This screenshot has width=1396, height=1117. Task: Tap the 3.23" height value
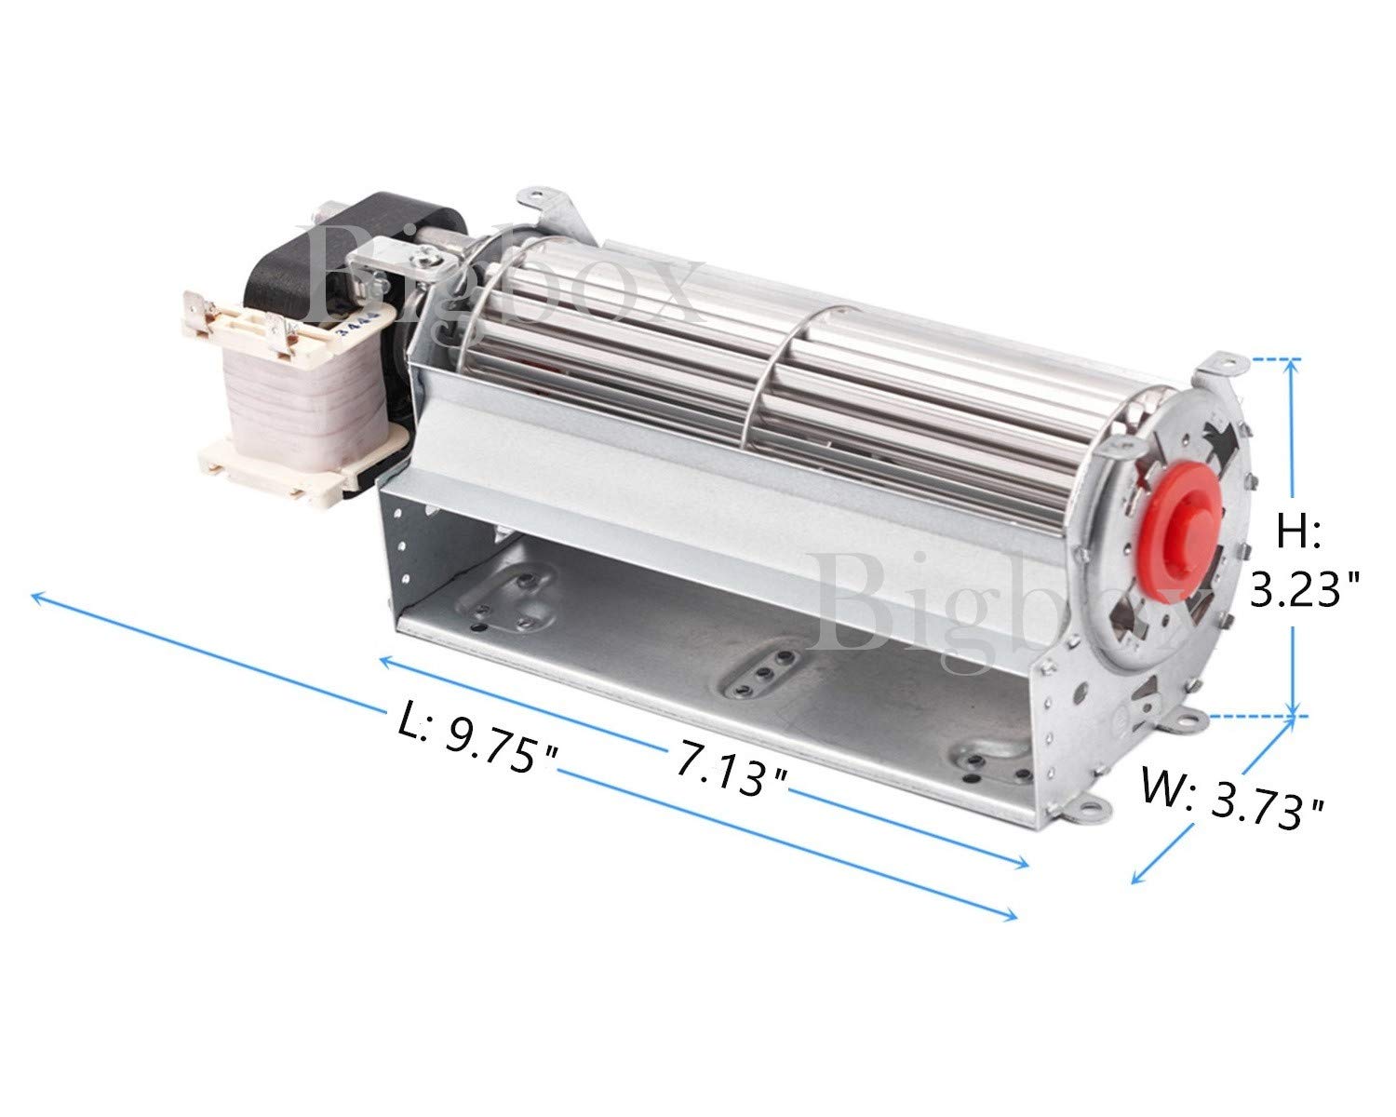pos(1304,588)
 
